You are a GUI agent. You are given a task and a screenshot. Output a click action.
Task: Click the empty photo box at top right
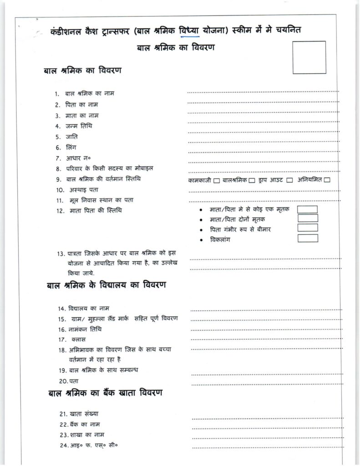tap(309, 57)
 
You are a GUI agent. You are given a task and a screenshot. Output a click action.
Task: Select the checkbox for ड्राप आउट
tap(289, 181)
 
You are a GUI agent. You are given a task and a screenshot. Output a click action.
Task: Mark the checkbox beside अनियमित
tap(327, 181)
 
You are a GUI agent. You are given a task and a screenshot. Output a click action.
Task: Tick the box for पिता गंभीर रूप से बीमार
tap(308, 228)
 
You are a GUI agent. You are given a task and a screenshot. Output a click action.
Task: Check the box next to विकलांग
tap(308, 238)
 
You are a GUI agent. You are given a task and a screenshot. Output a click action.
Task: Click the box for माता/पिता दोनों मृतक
tap(308, 219)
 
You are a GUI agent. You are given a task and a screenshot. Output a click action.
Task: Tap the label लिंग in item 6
tap(71, 147)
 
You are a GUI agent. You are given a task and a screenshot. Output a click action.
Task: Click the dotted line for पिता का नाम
tap(263, 102)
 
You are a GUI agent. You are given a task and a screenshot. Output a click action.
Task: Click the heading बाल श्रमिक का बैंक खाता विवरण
tap(105, 394)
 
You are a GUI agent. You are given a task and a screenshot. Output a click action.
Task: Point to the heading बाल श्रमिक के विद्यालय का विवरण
tap(106, 286)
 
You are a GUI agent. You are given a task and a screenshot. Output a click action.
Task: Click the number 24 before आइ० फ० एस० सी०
tap(64, 445)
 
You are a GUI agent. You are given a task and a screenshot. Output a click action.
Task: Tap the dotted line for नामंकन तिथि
tap(266, 329)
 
